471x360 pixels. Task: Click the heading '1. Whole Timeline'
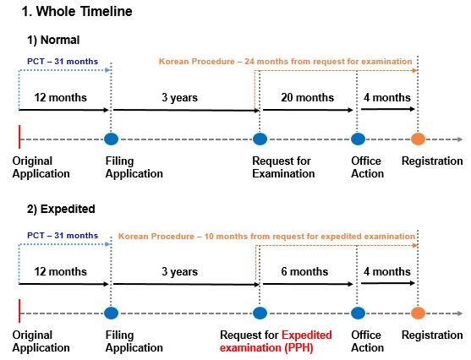tap(77, 12)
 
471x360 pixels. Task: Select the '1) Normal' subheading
tap(53, 40)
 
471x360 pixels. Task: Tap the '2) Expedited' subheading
tap(61, 209)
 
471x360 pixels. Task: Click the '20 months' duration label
tap(307, 97)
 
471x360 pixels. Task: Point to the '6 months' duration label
tap(304, 272)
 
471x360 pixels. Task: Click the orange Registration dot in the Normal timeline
tap(418, 139)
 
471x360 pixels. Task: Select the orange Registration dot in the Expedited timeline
tap(418, 314)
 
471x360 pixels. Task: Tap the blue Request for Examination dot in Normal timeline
tap(260, 139)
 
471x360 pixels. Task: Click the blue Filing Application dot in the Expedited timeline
tap(111, 314)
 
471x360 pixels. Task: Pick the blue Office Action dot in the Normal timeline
tap(358, 139)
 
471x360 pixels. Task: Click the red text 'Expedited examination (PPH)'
tap(276, 341)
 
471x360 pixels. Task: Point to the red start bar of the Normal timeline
tap(19, 137)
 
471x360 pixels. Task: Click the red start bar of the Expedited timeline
tap(19, 311)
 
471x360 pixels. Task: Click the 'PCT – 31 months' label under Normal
tap(63, 62)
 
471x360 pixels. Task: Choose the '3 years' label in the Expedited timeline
tap(179, 272)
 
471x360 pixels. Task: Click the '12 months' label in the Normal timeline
tap(60, 97)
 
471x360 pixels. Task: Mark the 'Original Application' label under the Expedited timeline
tap(41, 341)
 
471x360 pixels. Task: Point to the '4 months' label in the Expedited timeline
tap(387, 272)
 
